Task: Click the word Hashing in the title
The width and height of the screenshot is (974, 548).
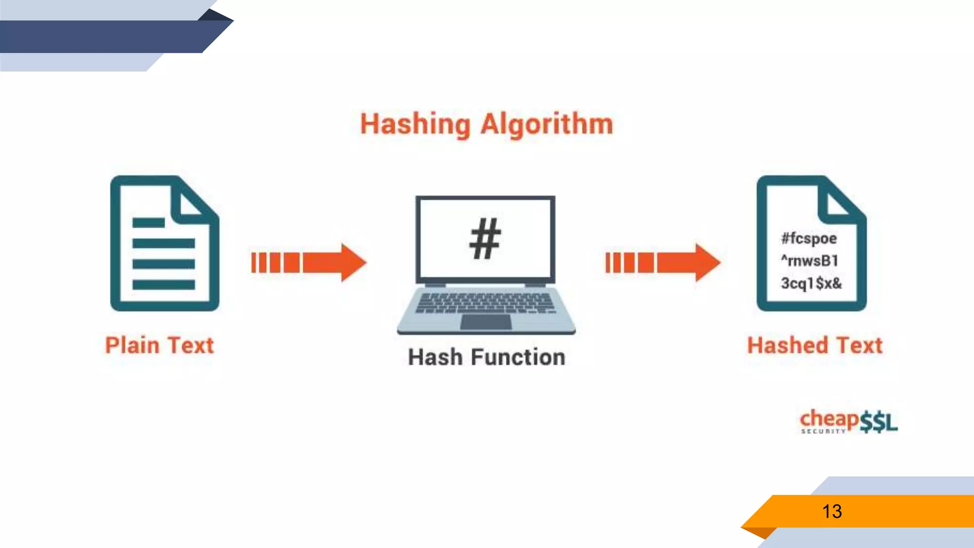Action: [415, 125]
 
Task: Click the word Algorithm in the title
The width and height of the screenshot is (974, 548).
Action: [546, 125]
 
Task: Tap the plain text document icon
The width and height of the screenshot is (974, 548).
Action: [165, 244]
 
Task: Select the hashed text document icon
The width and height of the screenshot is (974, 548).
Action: [811, 244]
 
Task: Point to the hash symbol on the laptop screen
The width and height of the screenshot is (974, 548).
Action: [485, 239]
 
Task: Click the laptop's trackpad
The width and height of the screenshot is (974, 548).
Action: [486, 322]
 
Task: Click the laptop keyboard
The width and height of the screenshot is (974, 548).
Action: [485, 303]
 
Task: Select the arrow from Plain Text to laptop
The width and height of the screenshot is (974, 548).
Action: [309, 263]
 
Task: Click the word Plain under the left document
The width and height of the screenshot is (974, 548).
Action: [132, 345]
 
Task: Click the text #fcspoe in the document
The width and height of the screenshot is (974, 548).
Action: [809, 238]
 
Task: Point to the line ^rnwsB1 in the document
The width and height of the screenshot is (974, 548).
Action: [809, 261]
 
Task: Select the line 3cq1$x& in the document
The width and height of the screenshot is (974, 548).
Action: [811, 284]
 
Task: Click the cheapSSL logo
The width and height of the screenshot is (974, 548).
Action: [849, 421]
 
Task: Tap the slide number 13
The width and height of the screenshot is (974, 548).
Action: [832, 512]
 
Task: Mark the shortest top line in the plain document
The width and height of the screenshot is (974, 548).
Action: [148, 223]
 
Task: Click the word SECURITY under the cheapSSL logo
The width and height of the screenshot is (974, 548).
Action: [823, 431]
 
